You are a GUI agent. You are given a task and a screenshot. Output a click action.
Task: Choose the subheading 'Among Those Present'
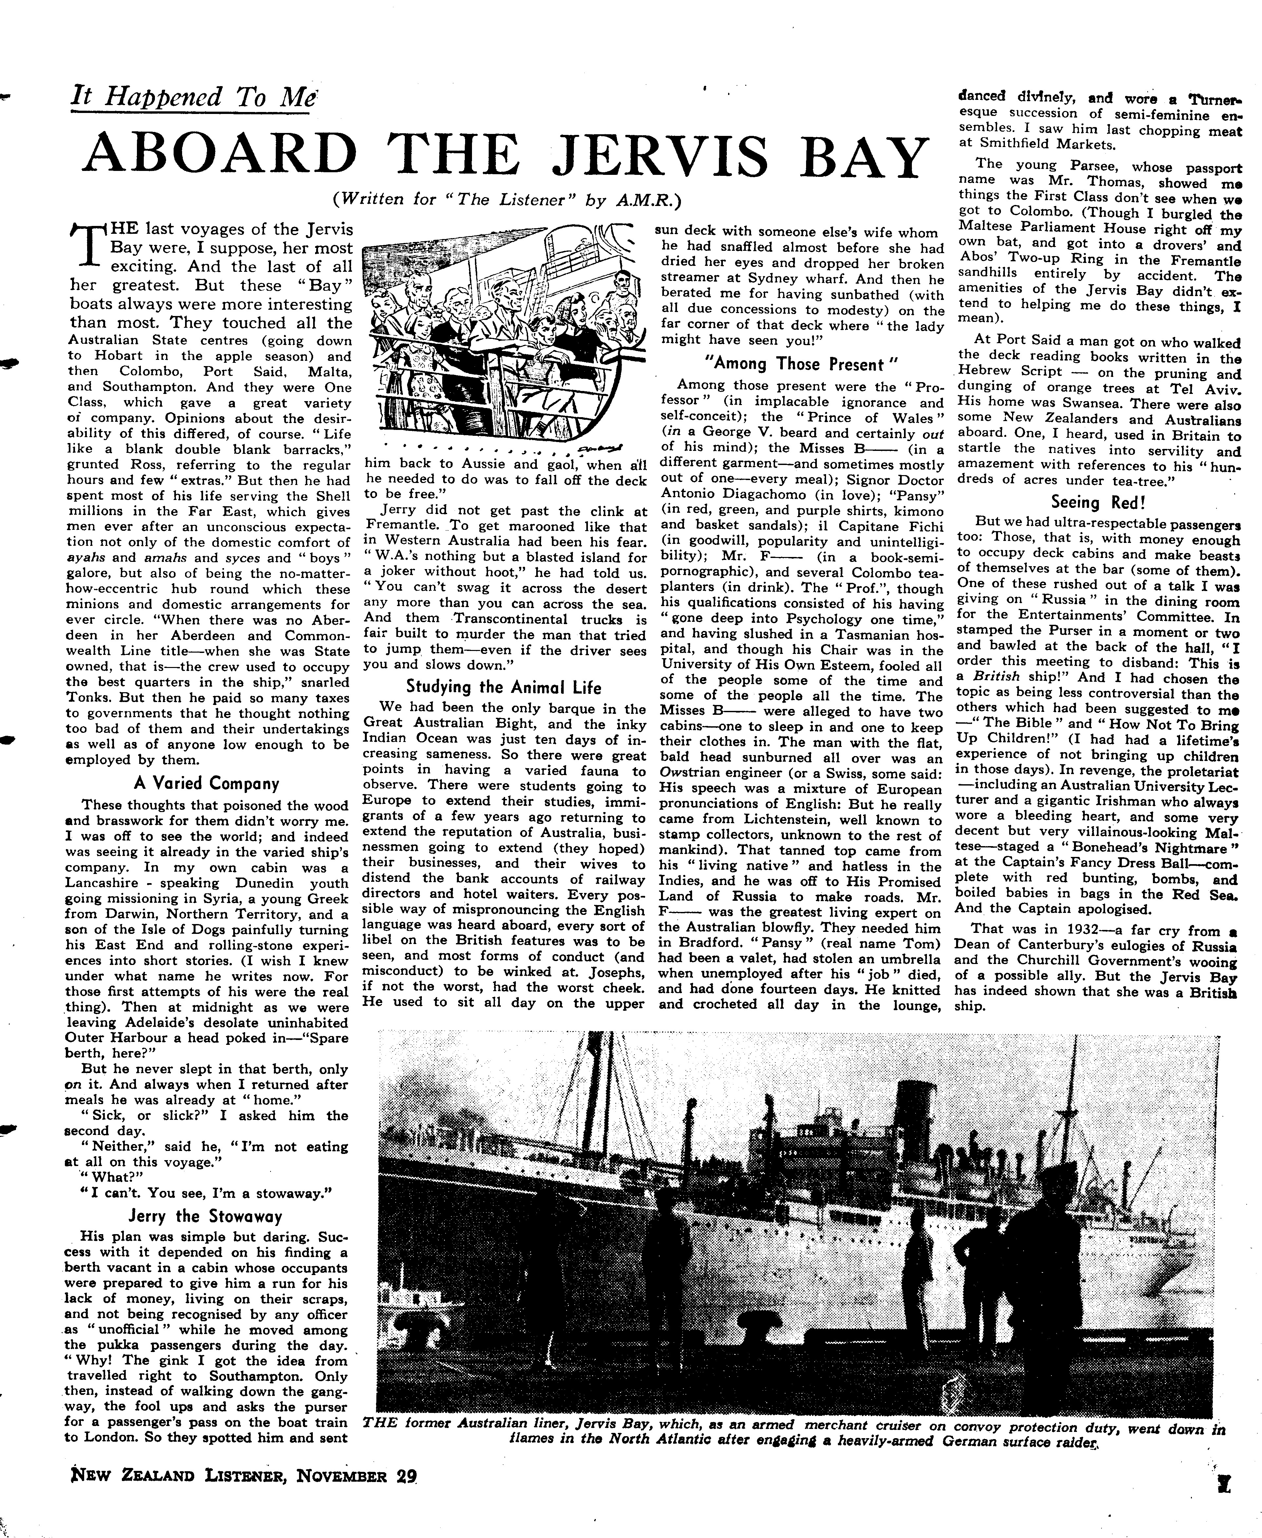pyautogui.click(x=802, y=364)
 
